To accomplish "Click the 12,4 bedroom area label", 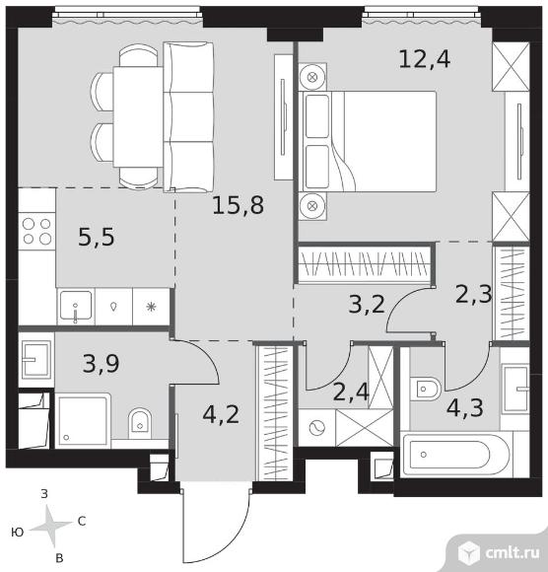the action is point(425,59).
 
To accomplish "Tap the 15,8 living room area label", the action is point(238,205).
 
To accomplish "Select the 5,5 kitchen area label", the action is point(97,237).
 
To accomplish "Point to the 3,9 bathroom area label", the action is point(101,364).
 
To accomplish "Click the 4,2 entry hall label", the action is point(221,415).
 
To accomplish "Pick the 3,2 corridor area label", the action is point(367,304).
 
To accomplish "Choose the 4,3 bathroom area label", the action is point(465,408).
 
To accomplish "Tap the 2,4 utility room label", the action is point(351,393).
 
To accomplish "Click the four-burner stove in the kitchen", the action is point(36,232).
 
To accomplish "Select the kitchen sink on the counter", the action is point(76,306).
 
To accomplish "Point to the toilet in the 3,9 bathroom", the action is point(140,423).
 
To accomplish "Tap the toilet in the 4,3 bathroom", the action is point(425,389).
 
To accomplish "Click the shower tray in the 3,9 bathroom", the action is point(83,419).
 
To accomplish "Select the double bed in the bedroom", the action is point(368,142).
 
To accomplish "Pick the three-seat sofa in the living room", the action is point(188,117).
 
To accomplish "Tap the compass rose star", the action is point(51,525).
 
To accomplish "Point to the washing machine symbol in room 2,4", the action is point(316,428).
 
